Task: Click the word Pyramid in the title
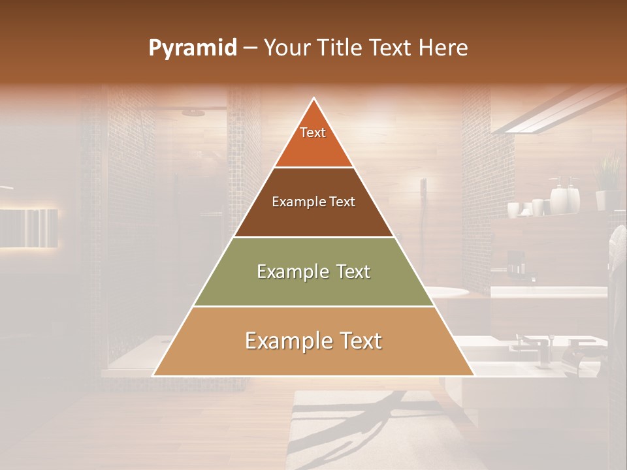[192, 48]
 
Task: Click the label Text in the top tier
[313, 133]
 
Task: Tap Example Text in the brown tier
[313, 202]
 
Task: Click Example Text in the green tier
[313, 272]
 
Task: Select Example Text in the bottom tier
[313, 341]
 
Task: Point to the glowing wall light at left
[29, 228]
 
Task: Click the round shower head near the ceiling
[193, 113]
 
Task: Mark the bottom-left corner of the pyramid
[153, 375]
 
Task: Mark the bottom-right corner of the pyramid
[474, 375]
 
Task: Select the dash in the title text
[250, 48]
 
